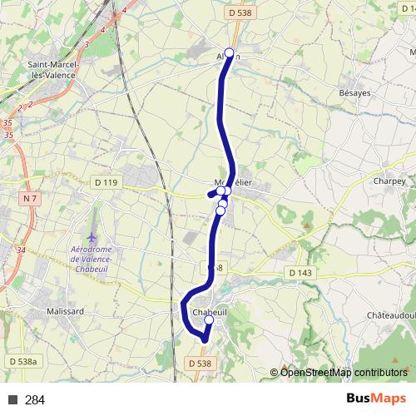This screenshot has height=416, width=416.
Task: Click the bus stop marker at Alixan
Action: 230,52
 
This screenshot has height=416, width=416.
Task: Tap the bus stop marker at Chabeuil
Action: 208,320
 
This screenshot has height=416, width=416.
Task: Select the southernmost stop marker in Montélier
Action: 220,210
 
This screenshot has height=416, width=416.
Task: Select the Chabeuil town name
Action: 210,312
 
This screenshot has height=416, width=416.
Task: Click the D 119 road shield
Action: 107,181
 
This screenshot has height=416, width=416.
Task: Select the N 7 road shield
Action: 31,198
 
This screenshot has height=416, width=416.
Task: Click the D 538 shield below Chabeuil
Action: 201,364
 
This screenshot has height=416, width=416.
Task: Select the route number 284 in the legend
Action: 35,400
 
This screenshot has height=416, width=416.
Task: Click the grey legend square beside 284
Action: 13,400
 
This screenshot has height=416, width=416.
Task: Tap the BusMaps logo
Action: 376,399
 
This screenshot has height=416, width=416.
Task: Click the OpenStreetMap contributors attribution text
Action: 344,372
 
